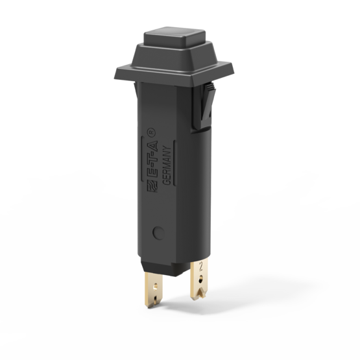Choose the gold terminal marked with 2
pyautogui.click(x=200, y=280)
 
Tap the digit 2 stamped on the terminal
pyautogui.click(x=203, y=265)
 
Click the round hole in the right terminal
pyautogui.click(x=200, y=278)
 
